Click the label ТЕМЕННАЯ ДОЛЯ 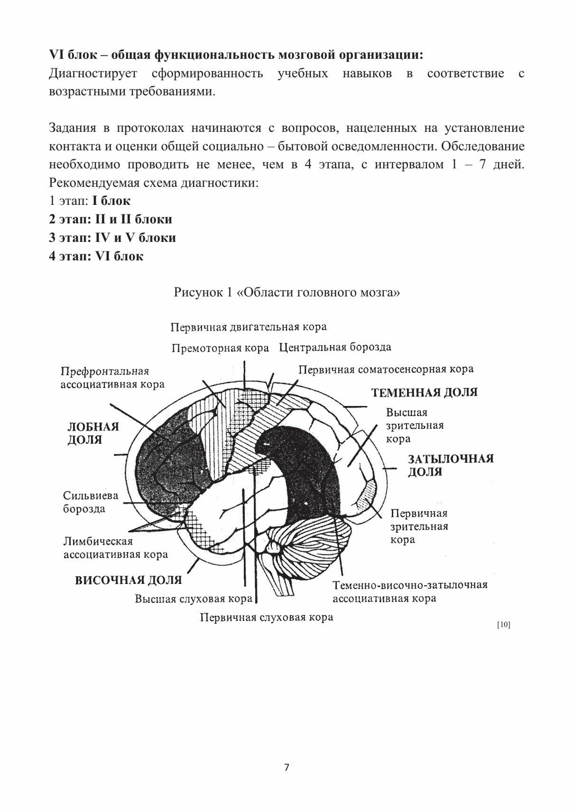tap(424, 392)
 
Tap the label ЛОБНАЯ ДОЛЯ tap(93, 433)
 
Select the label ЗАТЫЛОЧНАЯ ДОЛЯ tap(451, 465)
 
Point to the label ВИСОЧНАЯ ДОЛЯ tap(129, 580)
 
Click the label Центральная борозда tap(335, 347)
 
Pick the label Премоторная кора tap(220, 348)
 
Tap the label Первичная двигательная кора tap(248, 327)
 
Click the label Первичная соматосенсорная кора tap(386, 369)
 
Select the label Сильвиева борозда tap(91, 502)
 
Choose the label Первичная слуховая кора tap(266, 617)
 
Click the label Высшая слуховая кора tap(194, 599)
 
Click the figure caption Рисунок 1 tap(287, 292)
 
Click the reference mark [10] tap(503, 625)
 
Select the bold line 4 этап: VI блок tap(96, 256)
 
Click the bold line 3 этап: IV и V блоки tap(112, 238)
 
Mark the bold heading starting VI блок tap(236, 55)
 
